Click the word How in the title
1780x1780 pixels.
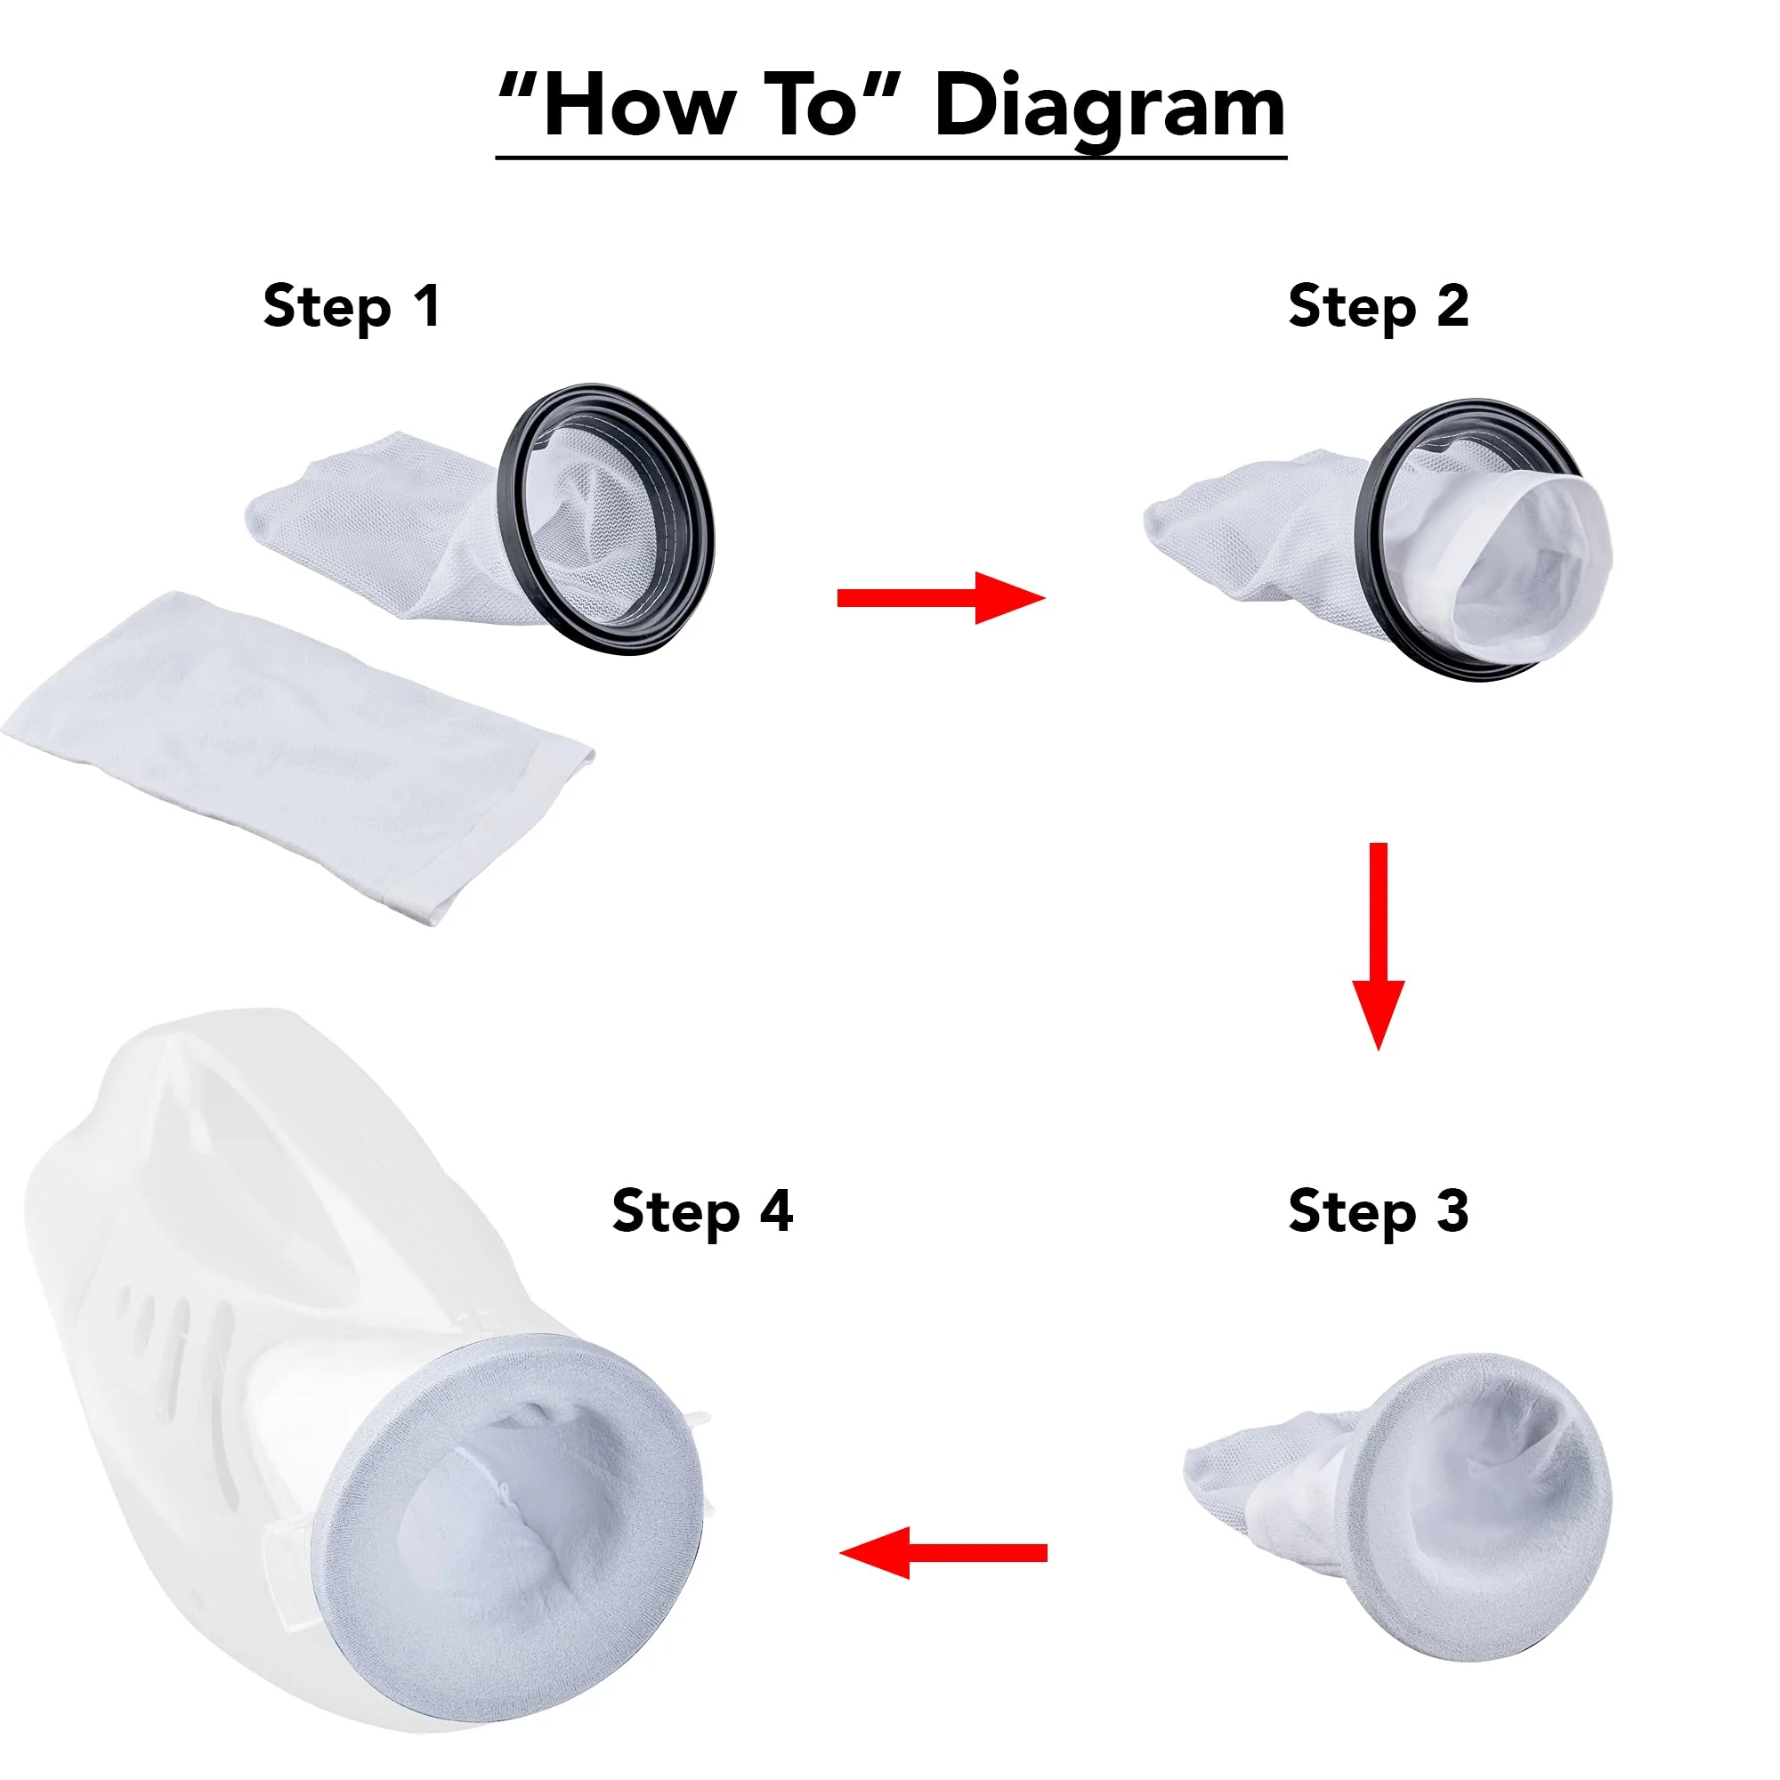click(x=639, y=106)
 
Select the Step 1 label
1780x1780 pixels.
click(x=352, y=307)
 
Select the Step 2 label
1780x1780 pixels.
click(x=1379, y=307)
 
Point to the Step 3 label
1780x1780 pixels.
click(x=1379, y=1211)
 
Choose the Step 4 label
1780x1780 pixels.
click(x=702, y=1211)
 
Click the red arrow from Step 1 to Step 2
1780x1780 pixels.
click(x=941, y=598)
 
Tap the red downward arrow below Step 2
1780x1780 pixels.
click(x=1379, y=946)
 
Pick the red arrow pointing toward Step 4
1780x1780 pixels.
click(x=943, y=1553)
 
